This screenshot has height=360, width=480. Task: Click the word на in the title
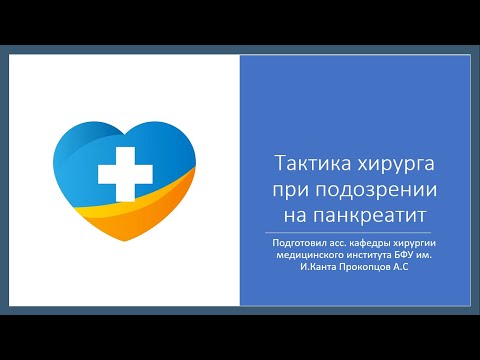pyautogui.click(x=286, y=213)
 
